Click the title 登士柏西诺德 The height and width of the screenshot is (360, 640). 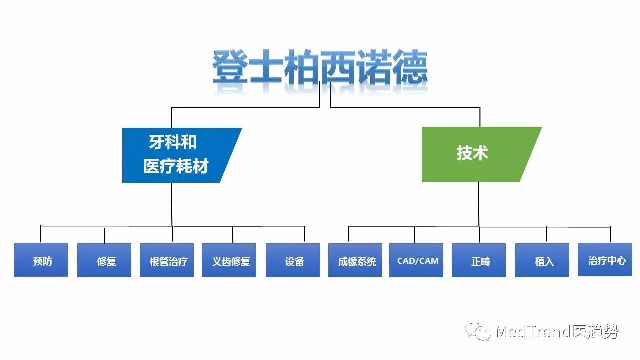coord(320,68)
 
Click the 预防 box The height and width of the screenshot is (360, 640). coord(41,260)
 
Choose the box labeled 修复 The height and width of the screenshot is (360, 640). coord(104,260)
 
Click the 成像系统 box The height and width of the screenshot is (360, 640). coord(355,260)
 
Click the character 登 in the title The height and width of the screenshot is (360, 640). coord(230,67)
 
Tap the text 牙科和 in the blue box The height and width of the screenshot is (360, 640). coord(173,143)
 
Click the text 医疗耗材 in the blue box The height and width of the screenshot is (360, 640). coord(176,166)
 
